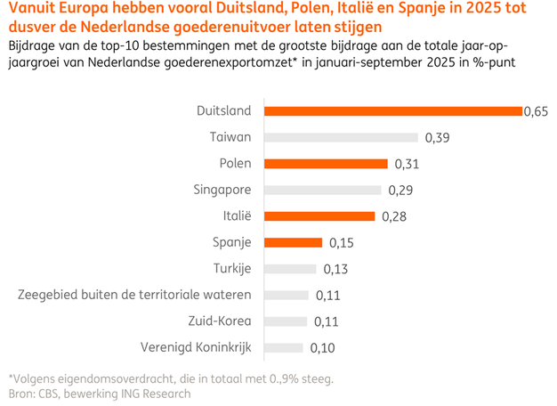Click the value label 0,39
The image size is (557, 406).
pos(437,137)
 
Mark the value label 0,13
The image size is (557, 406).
pos(335,269)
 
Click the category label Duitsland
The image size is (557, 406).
pos(223,111)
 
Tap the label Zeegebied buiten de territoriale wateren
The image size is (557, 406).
pos(134,295)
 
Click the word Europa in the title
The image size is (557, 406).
pos(96,10)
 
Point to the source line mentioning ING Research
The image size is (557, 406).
pos(99,393)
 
